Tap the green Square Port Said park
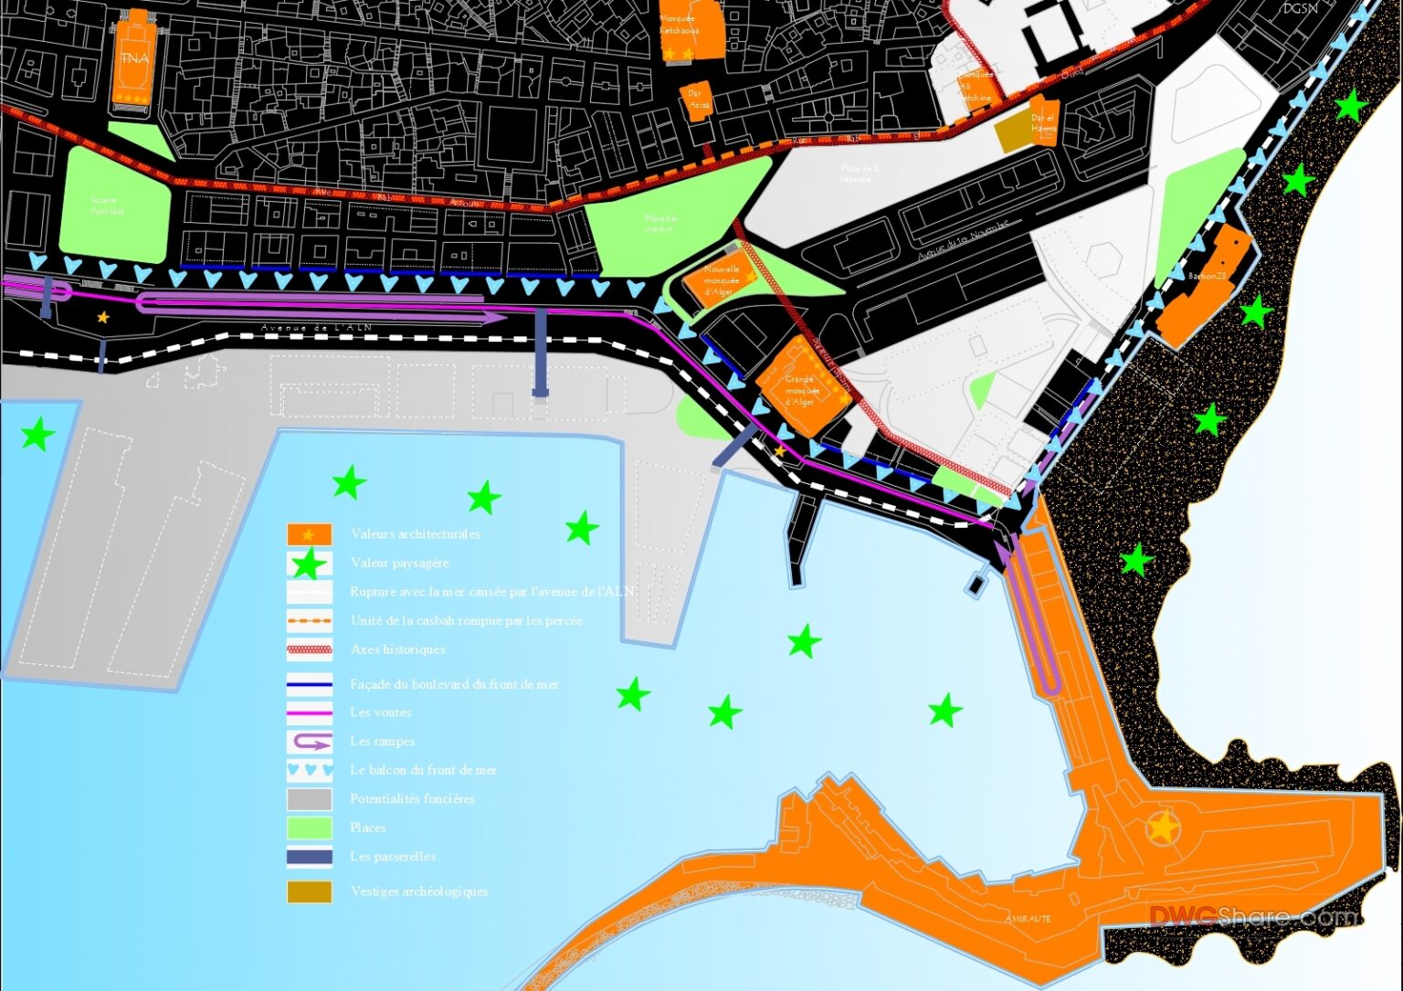point(113,206)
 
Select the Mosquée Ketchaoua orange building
point(691,29)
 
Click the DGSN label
point(1300,9)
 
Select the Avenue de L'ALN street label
point(316,329)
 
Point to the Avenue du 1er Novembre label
point(964,240)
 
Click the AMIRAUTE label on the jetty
point(1028,918)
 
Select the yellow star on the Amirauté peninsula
point(1162,828)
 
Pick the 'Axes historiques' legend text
point(398,649)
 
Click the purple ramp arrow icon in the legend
point(310,741)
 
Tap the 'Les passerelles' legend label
point(393,857)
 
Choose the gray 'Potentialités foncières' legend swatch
point(310,798)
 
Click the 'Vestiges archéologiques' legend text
point(419,891)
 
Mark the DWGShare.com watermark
point(1252,915)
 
